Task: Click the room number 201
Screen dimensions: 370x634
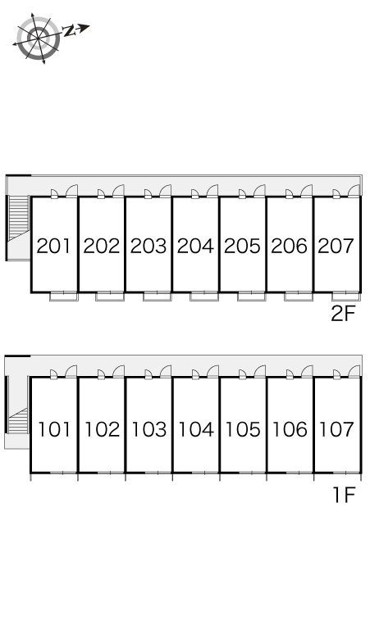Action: click(54, 246)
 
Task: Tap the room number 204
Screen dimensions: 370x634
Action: click(195, 246)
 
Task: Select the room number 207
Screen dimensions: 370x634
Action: click(336, 246)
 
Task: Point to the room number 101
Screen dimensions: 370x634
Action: click(54, 429)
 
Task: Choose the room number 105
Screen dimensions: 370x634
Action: click(243, 429)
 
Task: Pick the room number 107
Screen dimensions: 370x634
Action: click(336, 429)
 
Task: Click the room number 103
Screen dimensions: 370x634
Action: click(148, 429)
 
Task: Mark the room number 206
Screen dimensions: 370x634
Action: click(289, 246)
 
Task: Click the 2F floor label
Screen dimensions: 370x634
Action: click(343, 314)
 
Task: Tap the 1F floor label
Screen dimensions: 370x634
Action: click(344, 495)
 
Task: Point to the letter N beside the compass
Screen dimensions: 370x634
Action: click(69, 31)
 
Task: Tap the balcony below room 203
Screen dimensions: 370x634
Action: click(157, 297)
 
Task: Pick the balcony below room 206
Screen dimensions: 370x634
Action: click(299, 297)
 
